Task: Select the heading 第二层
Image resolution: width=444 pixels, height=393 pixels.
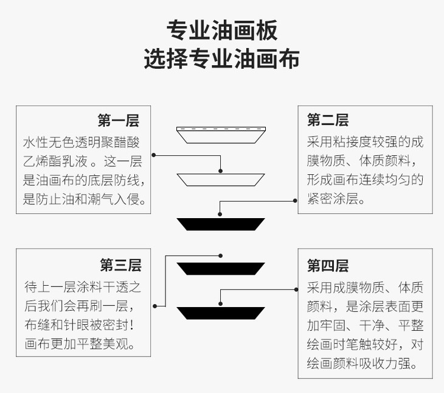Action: pyautogui.click(x=328, y=119)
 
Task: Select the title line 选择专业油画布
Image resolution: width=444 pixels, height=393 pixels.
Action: pyautogui.click(x=222, y=59)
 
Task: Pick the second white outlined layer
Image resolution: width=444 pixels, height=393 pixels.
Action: pyautogui.click(x=221, y=179)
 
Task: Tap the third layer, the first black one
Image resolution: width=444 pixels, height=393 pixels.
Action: pyautogui.click(x=221, y=224)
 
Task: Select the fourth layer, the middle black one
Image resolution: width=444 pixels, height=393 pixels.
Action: pyautogui.click(x=221, y=268)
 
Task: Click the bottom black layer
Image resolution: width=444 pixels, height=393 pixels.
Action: pyautogui.click(x=221, y=313)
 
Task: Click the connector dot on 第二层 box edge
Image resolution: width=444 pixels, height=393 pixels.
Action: pyautogui.click(x=297, y=199)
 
